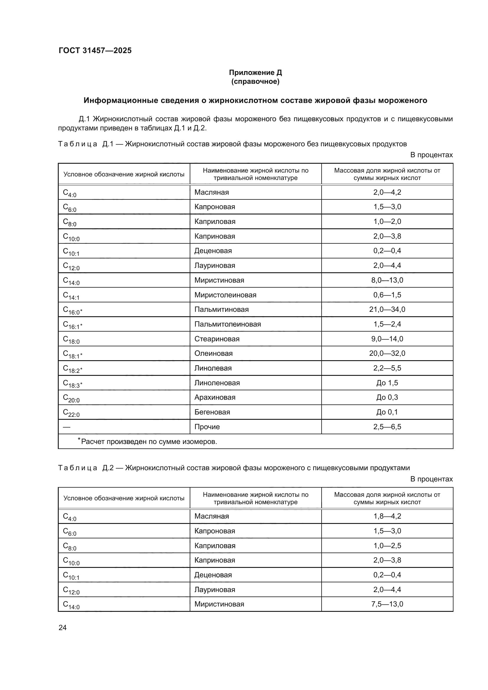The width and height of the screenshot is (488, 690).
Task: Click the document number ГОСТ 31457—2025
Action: pos(95,50)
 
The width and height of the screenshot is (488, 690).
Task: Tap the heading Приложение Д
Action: pos(255,73)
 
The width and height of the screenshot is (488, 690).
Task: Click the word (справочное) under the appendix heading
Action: pos(255,81)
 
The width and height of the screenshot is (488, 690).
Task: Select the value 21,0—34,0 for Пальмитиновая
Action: pos(387,309)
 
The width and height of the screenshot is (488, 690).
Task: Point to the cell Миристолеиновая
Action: pos(225,295)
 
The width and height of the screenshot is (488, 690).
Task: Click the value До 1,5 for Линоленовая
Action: pos(387,383)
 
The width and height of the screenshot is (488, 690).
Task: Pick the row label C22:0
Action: pos(71,413)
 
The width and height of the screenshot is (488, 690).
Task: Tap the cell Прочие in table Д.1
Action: pos(207,427)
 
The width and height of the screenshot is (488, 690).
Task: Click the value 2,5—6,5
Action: pos(387,427)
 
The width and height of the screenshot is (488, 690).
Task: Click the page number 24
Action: pos(63,627)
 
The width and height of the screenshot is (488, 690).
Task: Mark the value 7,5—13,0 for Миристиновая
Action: pos(387,604)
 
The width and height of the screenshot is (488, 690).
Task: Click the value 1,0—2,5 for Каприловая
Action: pos(387,545)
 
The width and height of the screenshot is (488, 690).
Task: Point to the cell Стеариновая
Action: pos(217,339)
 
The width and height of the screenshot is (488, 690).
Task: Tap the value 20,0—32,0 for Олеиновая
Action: pos(387,353)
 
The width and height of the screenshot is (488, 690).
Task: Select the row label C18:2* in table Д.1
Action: pos(72,369)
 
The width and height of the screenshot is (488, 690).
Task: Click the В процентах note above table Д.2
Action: pos(431,479)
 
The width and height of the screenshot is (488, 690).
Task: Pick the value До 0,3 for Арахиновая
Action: pos(387,397)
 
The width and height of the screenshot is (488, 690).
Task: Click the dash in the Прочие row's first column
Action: pos(66,427)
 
